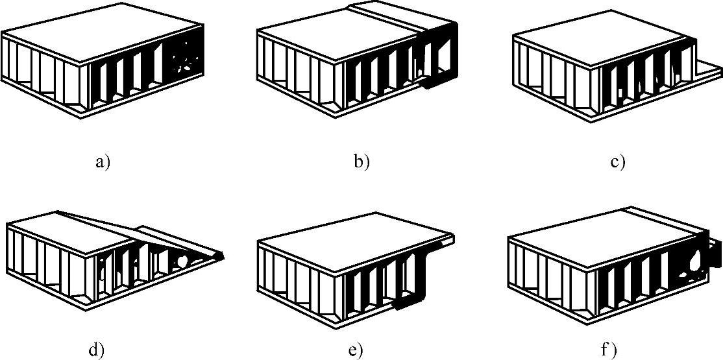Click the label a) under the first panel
[103, 161]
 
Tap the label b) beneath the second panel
[361, 161]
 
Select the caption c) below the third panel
[617, 161]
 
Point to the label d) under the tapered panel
[95, 351]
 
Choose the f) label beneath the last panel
[608, 351]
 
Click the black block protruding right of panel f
[714, 253]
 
